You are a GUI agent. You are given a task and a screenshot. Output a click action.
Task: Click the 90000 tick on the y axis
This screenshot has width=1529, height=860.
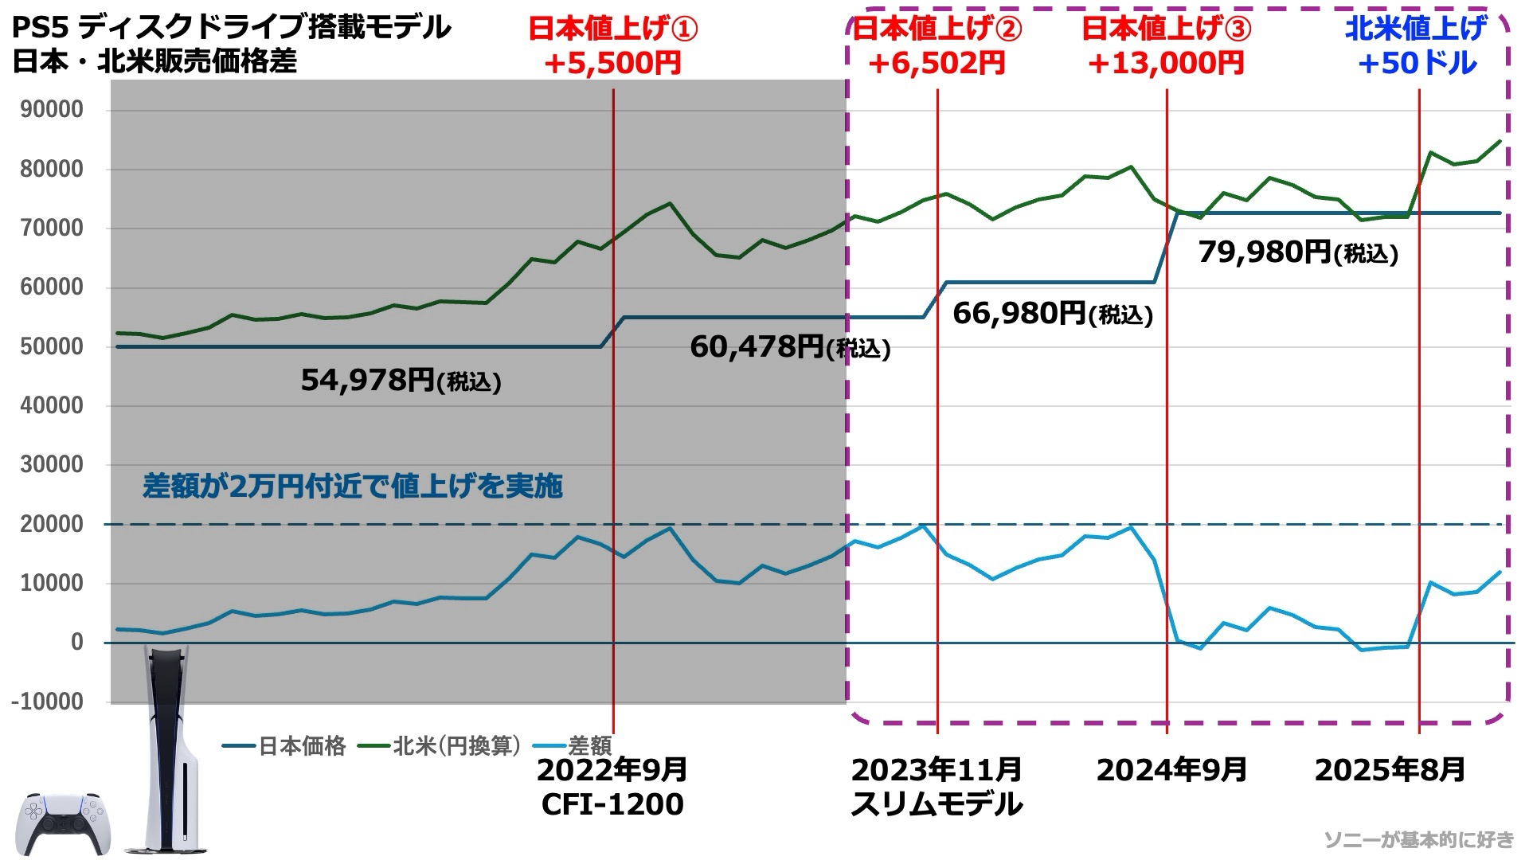(x=52, y=110)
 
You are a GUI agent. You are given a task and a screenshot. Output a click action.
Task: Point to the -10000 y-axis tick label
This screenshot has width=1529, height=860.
(x=47, y=702)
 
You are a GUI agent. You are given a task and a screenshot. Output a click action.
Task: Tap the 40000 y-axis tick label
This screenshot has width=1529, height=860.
(x=52, y=406)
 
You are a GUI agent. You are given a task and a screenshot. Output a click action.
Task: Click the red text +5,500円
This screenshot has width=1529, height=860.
(x=612, y=64)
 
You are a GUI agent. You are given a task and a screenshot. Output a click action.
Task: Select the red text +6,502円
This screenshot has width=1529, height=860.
(x=937, y=64)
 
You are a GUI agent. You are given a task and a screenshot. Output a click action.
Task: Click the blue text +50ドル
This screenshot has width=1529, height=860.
(x=1418, y=64)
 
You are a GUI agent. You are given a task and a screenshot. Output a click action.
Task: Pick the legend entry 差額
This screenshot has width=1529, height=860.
(x=589, y=746)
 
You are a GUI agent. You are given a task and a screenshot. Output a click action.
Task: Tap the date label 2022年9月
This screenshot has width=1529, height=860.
(x=612, y=770)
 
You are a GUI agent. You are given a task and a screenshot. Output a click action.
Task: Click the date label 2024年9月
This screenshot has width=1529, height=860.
(x=1171, y=770)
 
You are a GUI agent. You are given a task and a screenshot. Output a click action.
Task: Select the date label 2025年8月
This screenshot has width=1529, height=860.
(x=1390, y=770)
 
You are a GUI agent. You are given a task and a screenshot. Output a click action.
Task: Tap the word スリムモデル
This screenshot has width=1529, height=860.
(x=937, y=804)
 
